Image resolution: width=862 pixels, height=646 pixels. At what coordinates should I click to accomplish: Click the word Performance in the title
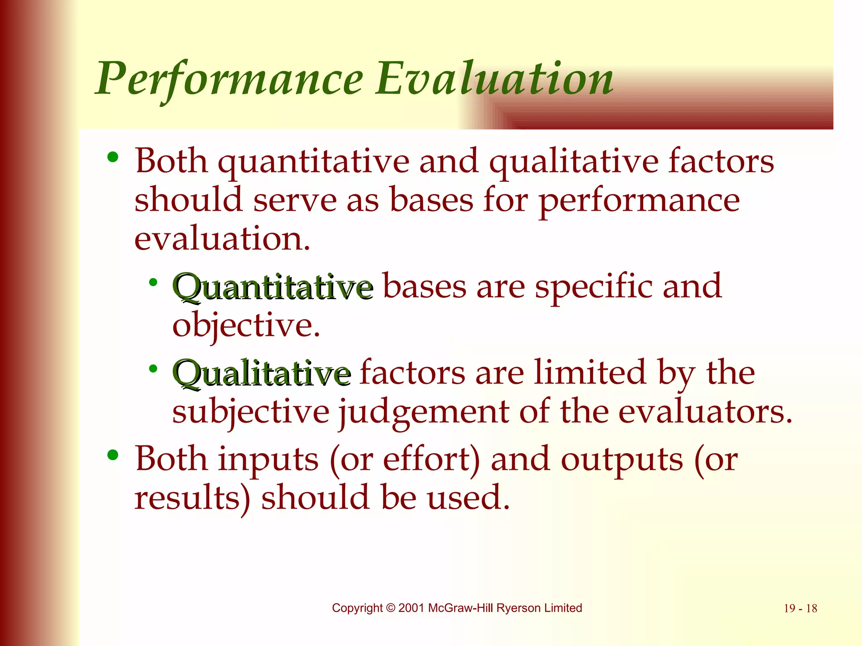229,79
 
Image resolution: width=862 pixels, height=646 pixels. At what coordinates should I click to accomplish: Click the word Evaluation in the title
495,79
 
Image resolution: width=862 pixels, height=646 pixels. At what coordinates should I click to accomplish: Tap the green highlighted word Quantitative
273,287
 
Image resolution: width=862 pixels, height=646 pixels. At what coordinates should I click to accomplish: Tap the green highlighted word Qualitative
261,373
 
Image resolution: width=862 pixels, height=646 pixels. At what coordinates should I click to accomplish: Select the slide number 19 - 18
800,609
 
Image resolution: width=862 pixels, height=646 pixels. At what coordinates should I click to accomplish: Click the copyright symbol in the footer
391,608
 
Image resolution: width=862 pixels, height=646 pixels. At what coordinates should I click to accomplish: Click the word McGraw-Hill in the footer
461,608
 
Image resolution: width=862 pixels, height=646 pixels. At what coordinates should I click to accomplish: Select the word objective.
246,326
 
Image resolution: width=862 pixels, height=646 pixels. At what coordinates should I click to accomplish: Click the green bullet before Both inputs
113,455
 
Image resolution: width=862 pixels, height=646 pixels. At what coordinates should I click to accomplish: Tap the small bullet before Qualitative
153,369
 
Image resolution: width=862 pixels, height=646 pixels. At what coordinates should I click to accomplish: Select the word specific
593,287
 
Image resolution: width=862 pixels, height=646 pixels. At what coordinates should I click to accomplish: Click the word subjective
251,412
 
